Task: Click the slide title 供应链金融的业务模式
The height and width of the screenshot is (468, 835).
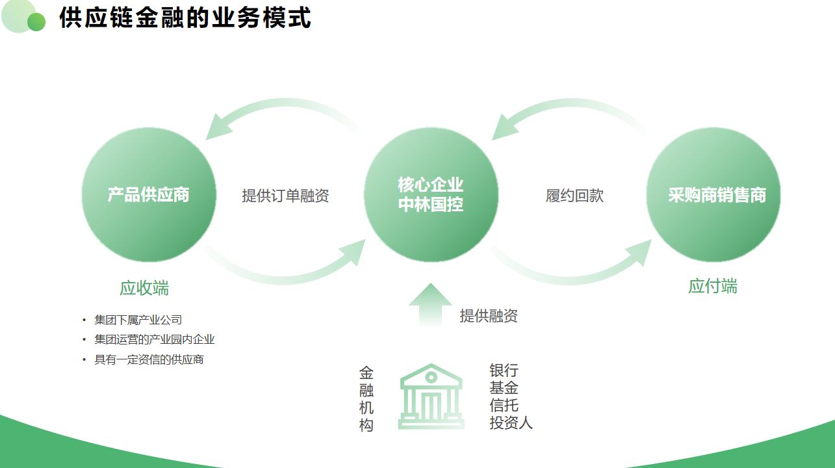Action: [185, 18]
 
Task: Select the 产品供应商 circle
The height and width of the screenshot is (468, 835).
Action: [149, 194]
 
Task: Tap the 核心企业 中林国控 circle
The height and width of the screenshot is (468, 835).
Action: [431, 194]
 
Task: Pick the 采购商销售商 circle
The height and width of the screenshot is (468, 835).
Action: [713, 194]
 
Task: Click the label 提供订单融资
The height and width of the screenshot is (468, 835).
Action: [285, 196]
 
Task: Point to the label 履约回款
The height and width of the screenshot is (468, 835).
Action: [574, 196]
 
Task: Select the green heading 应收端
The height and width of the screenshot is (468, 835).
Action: [144, 288]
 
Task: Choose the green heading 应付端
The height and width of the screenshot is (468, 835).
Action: [712, 286]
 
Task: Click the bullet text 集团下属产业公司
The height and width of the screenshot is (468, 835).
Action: [138, 320]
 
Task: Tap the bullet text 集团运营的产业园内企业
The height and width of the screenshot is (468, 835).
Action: [154, 339]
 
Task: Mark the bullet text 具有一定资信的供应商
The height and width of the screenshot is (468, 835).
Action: [149, 359]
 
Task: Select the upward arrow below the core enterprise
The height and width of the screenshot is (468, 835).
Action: [430, 304]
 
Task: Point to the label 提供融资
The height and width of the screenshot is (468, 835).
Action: [489, 316]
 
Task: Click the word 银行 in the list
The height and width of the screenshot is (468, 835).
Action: [504, 370]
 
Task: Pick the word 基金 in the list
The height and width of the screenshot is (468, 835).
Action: [504, 388]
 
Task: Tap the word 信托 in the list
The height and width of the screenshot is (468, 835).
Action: [504, 406]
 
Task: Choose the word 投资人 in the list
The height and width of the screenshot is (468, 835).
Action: [511, 422]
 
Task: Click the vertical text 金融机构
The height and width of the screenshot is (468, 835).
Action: [366, 399]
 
